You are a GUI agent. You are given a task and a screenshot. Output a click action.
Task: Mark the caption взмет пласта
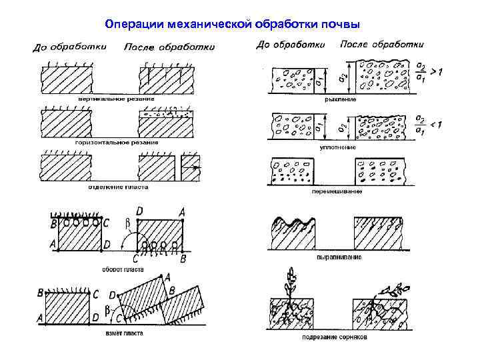(x=124, y=333)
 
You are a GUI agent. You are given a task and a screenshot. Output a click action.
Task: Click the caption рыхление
(x=340, y=99)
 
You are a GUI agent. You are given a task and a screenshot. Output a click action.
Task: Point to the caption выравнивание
(x=339, y=257)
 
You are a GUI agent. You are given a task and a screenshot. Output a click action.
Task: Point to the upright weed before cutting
(x=291, y=283)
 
